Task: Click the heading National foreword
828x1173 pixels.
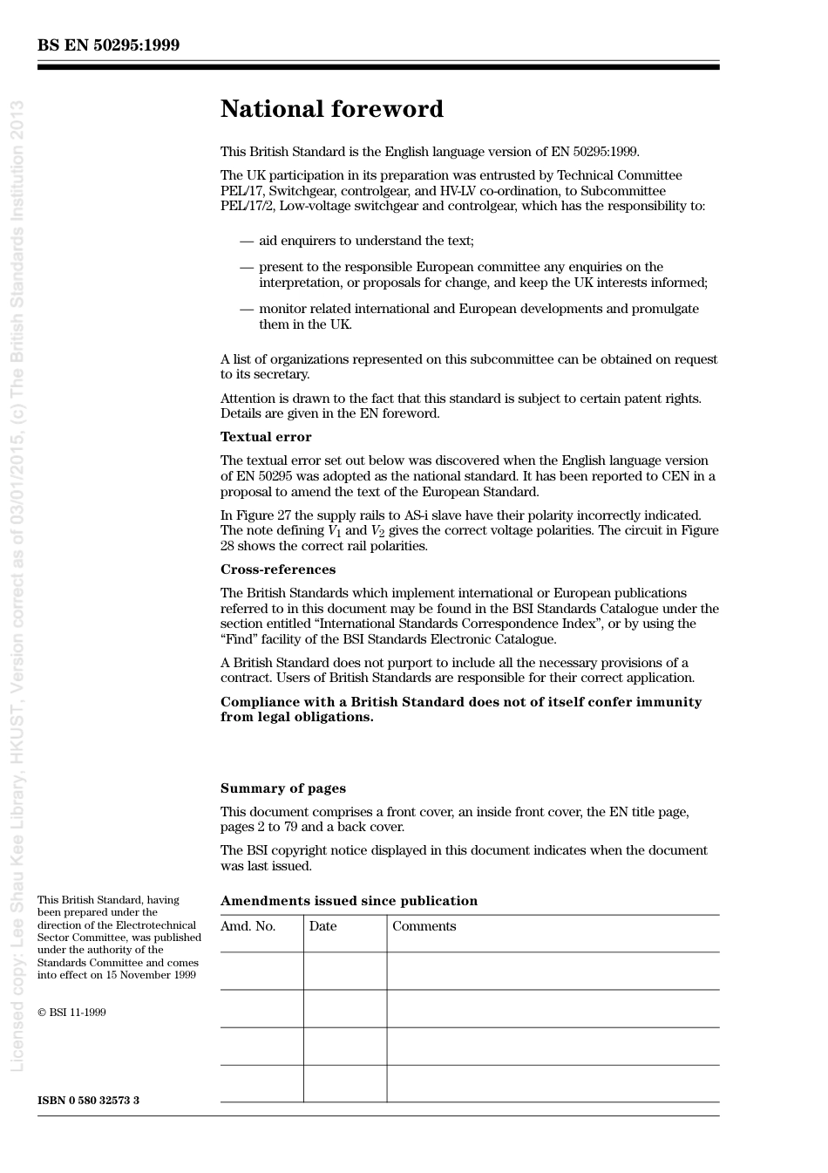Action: pyautogui.click(x=331, y=109)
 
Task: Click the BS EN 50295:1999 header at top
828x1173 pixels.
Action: pyautogui.click(x=108, y=45)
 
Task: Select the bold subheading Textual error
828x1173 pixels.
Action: pyautogui.click(x=266, y=437)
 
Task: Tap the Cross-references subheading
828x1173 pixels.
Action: pyautogui.click(x=277, y=569)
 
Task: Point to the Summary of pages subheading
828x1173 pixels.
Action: pyautogui.click(x=282, y=788)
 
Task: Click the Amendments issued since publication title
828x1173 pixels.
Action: pyautogui.click(x=349, y=901)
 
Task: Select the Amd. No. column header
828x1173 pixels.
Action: pyautogui.click(x=248, y=926)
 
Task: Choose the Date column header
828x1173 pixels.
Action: pyautogui.click(x=322, y=926)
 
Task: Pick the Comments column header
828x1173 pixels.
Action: pyautogui.click(x=424, y=926)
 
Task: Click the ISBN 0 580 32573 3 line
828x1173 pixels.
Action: pyautogui.click(x=88, y=1101)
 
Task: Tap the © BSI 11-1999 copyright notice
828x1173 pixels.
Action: pyautogui.click(x=71, y=1013)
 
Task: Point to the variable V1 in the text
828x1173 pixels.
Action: pyautogui.click(x=334, y=531)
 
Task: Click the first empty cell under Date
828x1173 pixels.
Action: pyautogui.click(x=345, y=971)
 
